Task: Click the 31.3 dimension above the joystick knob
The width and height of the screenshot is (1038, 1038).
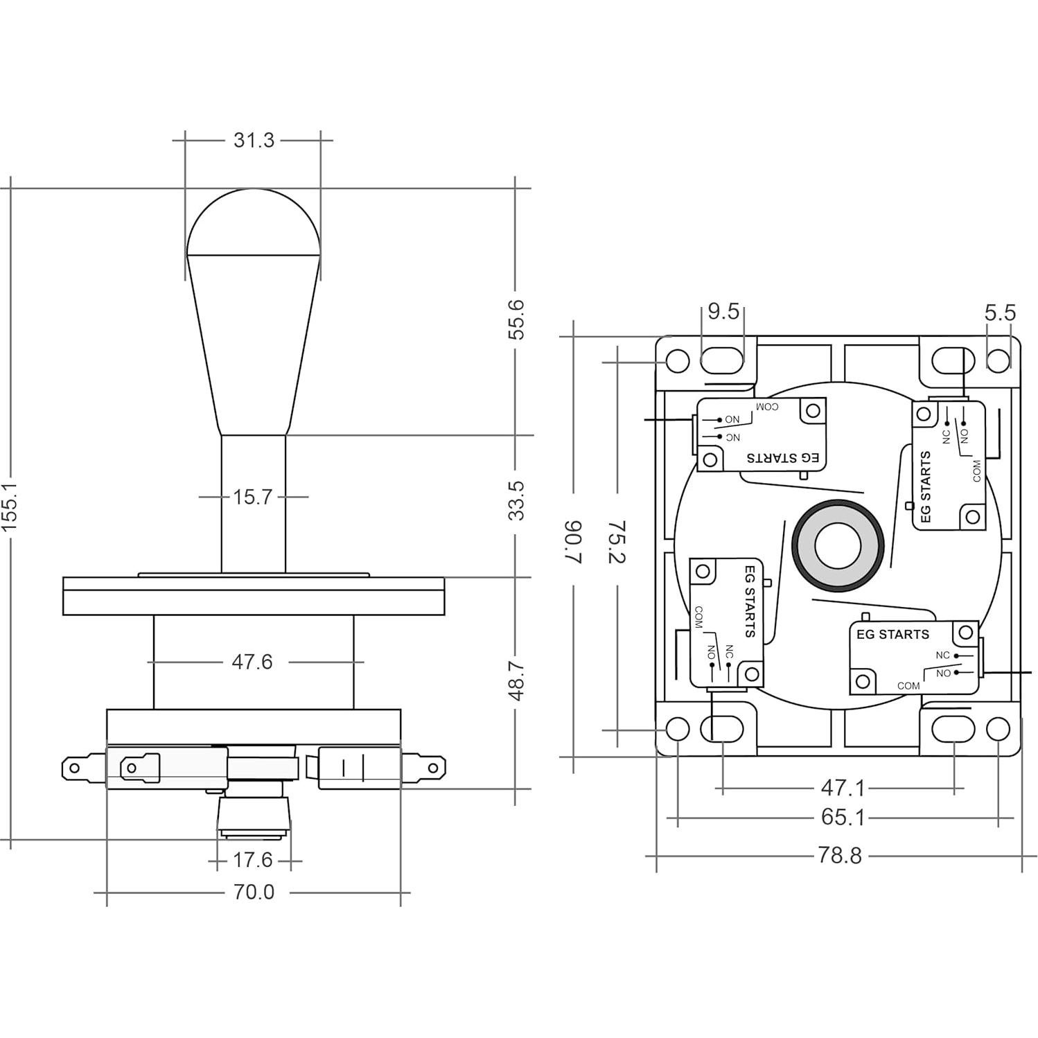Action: click(254, 140)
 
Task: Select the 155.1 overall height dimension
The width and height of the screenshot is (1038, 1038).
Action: click(12, 507)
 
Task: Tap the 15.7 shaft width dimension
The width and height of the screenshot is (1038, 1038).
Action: click(252, 497)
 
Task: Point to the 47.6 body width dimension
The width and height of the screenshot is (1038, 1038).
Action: click(252, 662)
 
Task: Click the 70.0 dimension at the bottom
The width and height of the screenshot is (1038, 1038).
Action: click(254, 892)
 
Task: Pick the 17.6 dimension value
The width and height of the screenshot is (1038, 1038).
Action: click(252, 861)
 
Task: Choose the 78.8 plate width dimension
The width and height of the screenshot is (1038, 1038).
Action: click(840, 856)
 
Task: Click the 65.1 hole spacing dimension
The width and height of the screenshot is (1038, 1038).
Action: click(843, 818)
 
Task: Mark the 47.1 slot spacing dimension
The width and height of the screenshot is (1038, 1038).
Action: click(843, 788)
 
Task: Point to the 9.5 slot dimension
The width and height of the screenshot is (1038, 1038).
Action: click(723, 312)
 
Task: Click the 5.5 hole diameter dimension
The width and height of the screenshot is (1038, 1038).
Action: click(1000, 313)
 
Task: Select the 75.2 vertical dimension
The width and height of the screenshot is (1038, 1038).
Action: click(617, 543)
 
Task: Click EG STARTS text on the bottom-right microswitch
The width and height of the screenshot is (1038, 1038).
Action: click(892, 634)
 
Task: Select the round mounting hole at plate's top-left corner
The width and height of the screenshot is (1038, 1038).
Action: click(677, 361)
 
